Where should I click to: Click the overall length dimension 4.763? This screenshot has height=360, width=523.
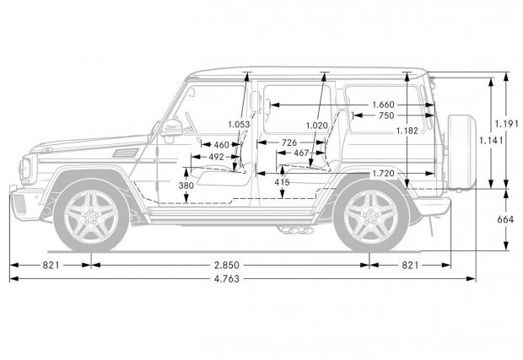[x=227, y=279]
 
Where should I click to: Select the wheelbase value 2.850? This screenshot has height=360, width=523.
[x=227, y=266]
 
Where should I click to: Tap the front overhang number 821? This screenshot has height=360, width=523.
[x=51, y=266]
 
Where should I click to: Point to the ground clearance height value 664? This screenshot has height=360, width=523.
[x=505, y=219]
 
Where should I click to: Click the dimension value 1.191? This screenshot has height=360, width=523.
[x=507, y=124]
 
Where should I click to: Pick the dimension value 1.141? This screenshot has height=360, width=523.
[x=491, y=140]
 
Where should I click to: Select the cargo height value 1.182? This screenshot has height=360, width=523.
[x=407, y=131]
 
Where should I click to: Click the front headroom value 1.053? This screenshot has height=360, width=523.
[x=239, y=125]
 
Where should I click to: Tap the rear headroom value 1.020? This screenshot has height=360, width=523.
[x=317, y=126]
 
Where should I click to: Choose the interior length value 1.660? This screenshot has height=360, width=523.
[x=383, y=105]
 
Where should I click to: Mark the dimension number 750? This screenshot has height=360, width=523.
[x=386, y=116]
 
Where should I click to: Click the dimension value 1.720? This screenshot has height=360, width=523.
[x=383, y=174]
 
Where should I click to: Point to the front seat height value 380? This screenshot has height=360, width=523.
[x=186, y=185]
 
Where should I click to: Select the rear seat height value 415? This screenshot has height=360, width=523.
[x=283, y=182]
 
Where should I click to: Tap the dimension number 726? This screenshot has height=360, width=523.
[x=289, y=142]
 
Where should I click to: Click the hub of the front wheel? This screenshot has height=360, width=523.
[x=91, y=217]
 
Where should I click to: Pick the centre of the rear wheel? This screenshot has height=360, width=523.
[x=370, y=217]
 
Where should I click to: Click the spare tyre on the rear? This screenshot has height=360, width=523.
[x=462, y=153]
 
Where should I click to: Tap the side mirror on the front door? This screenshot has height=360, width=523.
[x=171, y=128]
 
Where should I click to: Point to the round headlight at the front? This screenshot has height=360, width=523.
[x=26, y=169]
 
